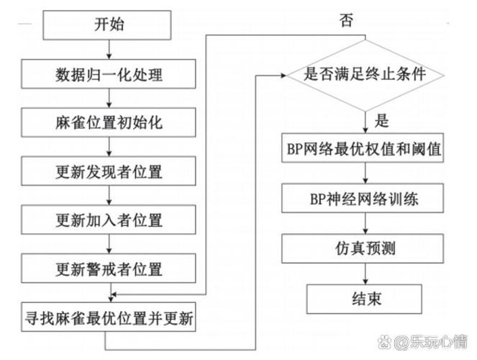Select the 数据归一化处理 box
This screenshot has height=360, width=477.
pyautogui.click(x=108, y=73)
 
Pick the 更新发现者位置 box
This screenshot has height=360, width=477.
pyautogui.click(x=108, y=171)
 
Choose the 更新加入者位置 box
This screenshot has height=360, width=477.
pyautogui.click(x=108, y=220)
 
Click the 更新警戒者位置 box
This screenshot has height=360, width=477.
pyautogui.click(x=108, y=269)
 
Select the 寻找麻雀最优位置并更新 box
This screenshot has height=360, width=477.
pyautogui.click(x=108, y=318)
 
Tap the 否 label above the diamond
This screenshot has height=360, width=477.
pyautogui.click(x=346, y=21)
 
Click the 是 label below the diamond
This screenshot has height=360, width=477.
pyautogui.click(x=383, y=121)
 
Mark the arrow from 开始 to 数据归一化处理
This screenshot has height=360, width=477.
pyautogui.click(x=108, y=49)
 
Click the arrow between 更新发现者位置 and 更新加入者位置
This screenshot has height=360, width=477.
pyautogui.click(x=108, y=196)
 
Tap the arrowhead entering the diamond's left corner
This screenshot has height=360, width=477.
pyautogui.click(x=283, y=73)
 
